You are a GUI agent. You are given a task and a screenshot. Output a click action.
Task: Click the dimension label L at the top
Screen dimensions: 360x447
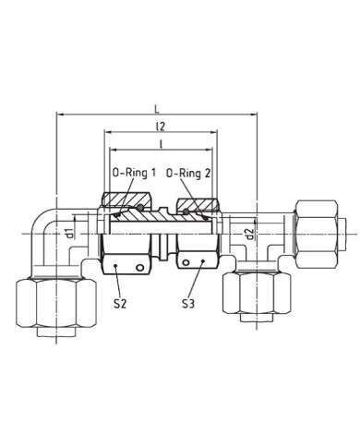pyautogui.click(x=157, y=109)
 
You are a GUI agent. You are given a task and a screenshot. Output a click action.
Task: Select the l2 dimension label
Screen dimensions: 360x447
pyautogui.click(x=161, y=127)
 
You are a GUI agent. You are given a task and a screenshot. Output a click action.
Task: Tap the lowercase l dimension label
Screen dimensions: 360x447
pyautogui.click(x=161, y=144)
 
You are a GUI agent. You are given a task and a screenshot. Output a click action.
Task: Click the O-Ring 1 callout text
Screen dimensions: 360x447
pyautogui.click(x=134, y=173)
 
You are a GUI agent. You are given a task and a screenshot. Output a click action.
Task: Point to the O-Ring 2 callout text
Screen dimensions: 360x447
pyautogui.click(x=188, y=174)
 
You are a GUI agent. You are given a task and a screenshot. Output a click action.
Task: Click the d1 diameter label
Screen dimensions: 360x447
pyautogui.click(x=70, y=233)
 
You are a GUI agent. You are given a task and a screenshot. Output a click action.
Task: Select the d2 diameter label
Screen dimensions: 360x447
pyautogui.click(x=251, y=234)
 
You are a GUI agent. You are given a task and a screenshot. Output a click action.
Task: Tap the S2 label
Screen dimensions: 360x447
pyautogui.click(x=120, y=304)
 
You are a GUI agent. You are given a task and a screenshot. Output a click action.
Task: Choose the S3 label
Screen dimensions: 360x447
pyautogui.click(x=188, y=304)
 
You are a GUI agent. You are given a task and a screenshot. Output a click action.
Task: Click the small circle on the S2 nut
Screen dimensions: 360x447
pyautogui.click(x=140, y=268)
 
